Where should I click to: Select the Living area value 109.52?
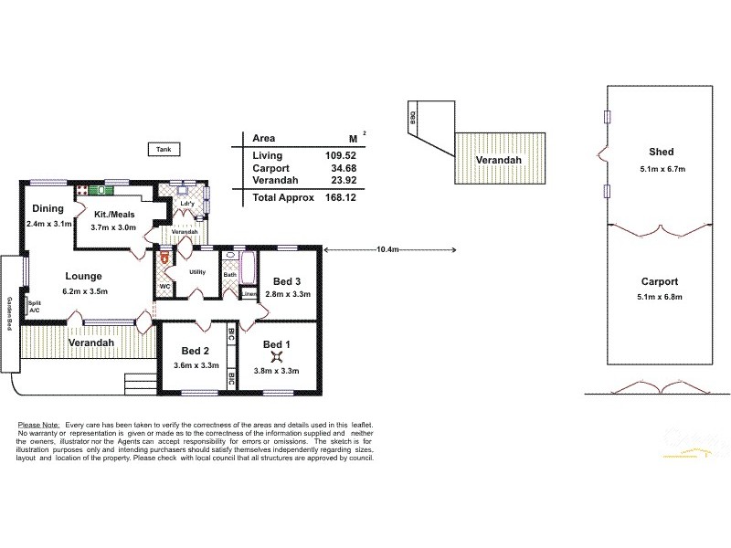point(339,155)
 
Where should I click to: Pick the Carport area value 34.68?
point(339,168)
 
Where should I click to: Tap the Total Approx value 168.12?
point(339,196)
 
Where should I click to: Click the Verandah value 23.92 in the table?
point(339,181)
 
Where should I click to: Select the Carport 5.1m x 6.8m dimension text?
point(661,297)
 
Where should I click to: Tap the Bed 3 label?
point(287,279)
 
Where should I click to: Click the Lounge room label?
point(83,275)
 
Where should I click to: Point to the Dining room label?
point(48,209)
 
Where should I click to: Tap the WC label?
point(165,286)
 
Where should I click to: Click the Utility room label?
point(196,271)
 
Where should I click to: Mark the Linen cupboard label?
point(249,293)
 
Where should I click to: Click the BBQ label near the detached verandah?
point(413,116)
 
